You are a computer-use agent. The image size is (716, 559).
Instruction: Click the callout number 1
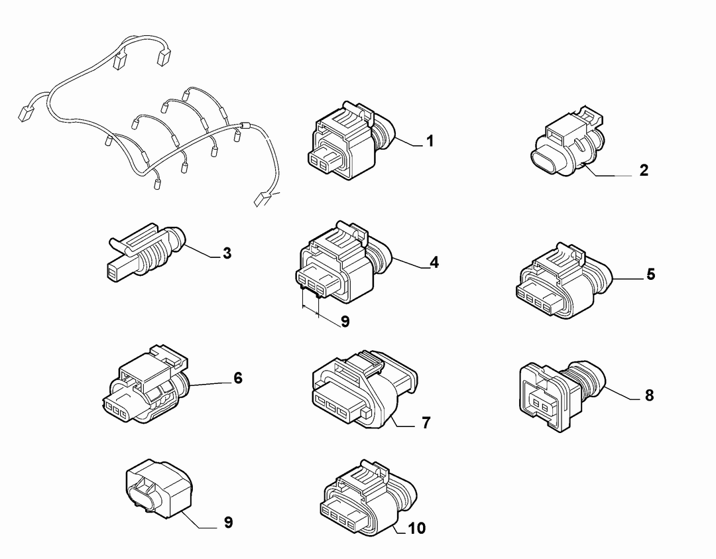pyautogui.click(x=430, y=141)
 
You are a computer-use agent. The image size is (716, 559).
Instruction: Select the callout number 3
pyautogui.click(x=227, y=253)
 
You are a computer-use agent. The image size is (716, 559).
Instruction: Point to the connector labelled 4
pyautogui.click(x=345, y=263)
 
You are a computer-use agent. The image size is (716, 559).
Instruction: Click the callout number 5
pyautogui.click(x=651, y=274)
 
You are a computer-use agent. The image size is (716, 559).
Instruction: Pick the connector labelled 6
pyautogui.click(x=145, y=385)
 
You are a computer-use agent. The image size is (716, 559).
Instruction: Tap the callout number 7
pyautogui.click(x=426, y=423)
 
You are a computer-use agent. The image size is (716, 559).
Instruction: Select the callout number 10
pyautogui.click(x=416, y=528)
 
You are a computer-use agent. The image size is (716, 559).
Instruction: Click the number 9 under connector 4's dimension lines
pyautogui.click(x=345, y=322)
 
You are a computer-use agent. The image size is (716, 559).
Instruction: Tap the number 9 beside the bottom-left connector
pyautogui.click(x=228, y=522)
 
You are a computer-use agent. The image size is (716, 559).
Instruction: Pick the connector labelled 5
pyautogui.click(x=564, y=280)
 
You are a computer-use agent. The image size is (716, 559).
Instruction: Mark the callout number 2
pyautogui.click(x=644, y=170)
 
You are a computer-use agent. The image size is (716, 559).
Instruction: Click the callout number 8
pyautogui.click(x=649, y=395)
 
